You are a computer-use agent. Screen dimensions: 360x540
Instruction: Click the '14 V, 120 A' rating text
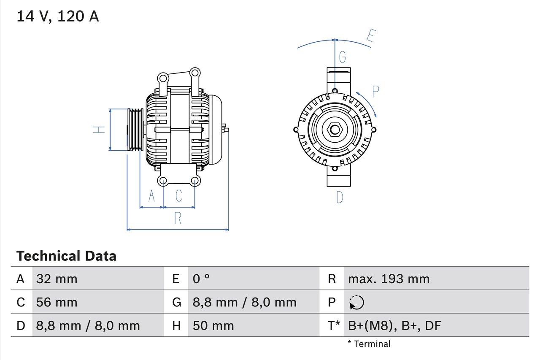tap(58, 16)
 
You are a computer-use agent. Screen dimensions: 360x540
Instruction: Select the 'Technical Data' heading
tap(66, 256)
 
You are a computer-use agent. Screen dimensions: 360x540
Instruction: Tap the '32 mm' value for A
tap(57, 279)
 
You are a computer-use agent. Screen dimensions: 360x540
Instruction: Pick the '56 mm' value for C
tap(57, 302)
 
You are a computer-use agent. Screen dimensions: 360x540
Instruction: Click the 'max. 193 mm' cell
tap(389, 279)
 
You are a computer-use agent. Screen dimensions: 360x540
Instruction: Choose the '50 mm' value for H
tap(213, 325)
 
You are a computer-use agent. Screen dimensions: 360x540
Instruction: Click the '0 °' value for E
tap(201, 279)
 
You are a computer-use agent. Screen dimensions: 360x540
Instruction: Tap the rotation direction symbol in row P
tap(356, 302)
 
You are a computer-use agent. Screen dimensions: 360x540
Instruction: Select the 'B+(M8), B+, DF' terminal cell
tap(394, 325)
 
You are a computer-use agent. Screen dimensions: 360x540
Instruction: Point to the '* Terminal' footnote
tap(369, 344)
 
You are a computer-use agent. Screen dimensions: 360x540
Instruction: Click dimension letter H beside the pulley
tap(99, 130)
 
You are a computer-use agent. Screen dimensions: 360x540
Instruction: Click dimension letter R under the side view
tap(178, 218)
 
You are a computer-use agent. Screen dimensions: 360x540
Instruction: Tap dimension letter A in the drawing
tap(151, 196)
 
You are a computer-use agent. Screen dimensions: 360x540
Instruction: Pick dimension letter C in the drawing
tap(179, 196)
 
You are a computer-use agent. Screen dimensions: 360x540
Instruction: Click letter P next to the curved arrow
tap(375, 91)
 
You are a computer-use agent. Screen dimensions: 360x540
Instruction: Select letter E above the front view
tap(370, 36)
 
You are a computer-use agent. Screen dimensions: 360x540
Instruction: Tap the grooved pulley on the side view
tap(135, 130)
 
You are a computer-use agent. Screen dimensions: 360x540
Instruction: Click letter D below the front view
tap(340, 197)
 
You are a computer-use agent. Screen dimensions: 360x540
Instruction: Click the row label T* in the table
tap(334, 325)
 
